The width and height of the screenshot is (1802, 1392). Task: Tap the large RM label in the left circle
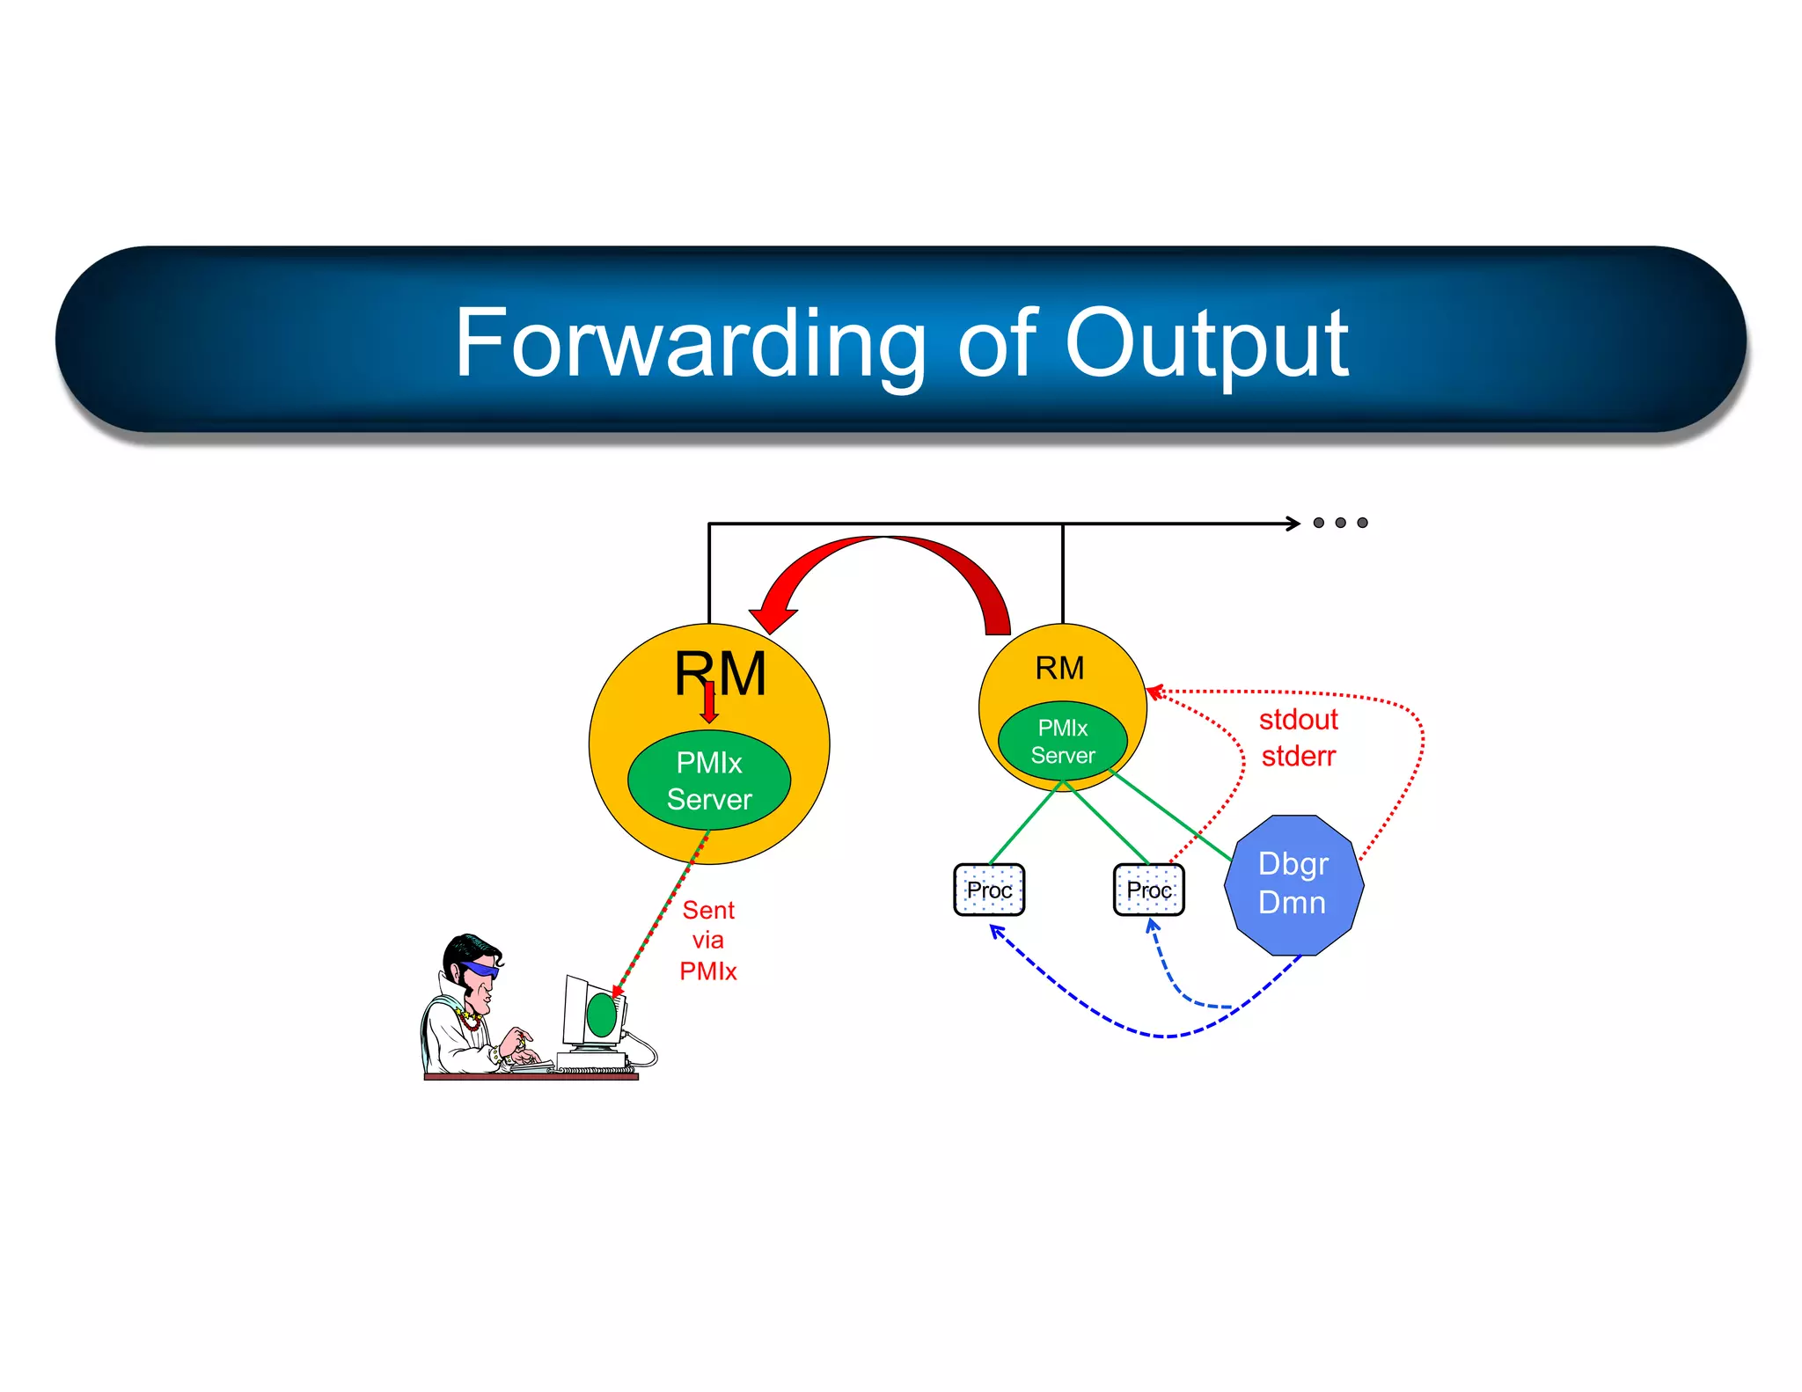(720, 673)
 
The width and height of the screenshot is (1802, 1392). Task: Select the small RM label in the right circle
(1059, 668)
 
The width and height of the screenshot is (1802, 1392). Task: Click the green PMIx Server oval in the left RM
(709, 780)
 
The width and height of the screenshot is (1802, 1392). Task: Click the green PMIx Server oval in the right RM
(1063, 741)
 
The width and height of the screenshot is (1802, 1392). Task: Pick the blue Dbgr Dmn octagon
(1293, 883)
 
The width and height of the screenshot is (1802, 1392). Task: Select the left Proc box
(989, 890)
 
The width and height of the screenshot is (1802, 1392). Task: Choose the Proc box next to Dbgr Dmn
(1148, 890)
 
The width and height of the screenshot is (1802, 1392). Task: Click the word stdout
(1298, 720)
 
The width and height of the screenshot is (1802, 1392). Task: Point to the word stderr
(1298, 756)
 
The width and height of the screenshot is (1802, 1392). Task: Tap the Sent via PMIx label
(708, 940)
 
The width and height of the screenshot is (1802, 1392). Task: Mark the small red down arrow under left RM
(709, 705)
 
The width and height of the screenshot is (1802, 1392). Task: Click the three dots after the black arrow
(1340, 523)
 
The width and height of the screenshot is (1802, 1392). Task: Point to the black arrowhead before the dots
(1293, 524)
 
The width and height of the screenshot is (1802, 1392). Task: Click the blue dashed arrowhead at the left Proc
(996, 930)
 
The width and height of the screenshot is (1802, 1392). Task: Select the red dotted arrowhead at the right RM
(1154, 692)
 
